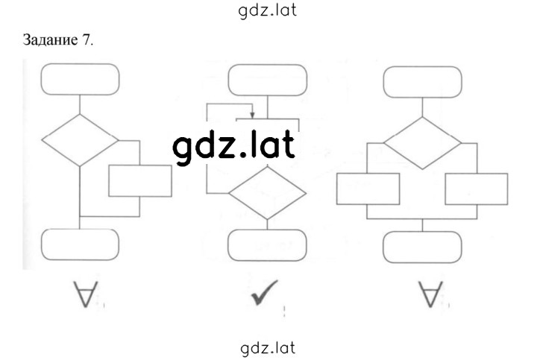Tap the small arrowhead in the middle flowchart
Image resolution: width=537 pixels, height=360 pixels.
click(x=252, y=115)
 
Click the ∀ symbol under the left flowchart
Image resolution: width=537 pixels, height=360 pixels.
click(x=86, y=294)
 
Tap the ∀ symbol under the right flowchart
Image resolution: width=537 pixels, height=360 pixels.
click(x=430, y=294)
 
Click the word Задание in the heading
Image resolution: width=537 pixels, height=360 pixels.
click(x=51, y=40)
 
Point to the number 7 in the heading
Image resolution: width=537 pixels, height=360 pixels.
click(x=86, y=40)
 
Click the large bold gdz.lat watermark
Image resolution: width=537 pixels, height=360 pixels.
click(x=234, y=147)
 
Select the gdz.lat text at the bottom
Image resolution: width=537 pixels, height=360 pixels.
click(x=268, y=348)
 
